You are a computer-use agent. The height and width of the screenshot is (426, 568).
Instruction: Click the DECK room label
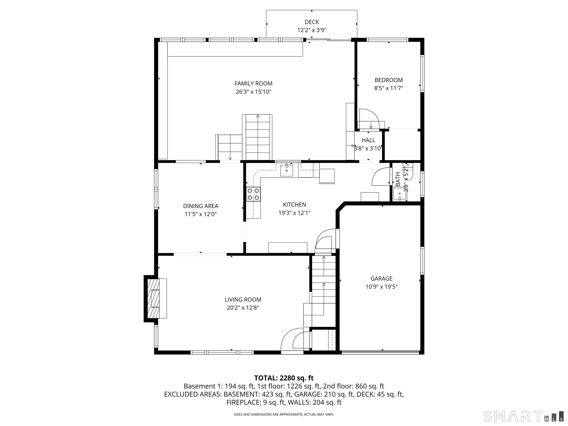point(312,22)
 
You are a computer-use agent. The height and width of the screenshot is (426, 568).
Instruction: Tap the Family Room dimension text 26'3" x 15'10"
point(253,92)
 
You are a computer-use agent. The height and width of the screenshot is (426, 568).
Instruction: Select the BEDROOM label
point(388,80)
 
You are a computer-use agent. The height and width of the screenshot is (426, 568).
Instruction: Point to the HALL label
point(368,140)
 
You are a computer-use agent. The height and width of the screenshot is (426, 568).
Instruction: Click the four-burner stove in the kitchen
point(253,194)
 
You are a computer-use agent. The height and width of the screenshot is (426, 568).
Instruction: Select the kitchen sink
point(286,170)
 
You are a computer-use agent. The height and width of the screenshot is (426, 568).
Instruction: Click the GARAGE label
point(381,279)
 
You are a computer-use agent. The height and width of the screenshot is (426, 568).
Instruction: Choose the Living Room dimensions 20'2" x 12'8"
point(243,308)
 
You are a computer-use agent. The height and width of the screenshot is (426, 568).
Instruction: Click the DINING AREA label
point(201,206)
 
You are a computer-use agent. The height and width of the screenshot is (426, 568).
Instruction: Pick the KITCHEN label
point(294,205)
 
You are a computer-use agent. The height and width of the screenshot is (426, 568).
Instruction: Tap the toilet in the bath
point(408,171)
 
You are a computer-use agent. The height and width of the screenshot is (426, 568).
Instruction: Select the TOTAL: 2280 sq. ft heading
point(284,378)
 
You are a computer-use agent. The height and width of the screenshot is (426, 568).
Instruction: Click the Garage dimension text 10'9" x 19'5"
point(381,287)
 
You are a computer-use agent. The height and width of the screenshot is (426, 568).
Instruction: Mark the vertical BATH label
point(398,179)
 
